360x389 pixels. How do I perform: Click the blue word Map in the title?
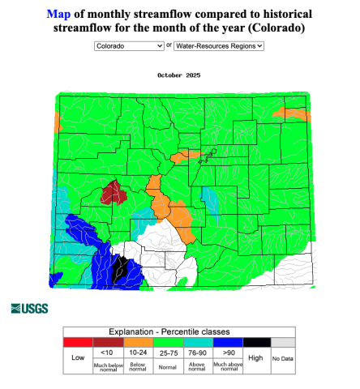(x=58, y=15)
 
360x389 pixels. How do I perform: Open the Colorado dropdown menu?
(x=129, y=46)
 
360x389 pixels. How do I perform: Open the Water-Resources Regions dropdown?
(x=219, y=46)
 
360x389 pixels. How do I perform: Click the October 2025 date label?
(x=179, y=75)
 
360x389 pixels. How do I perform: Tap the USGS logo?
(x=30, y=308)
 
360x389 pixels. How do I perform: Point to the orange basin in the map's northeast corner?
(x=294, y=115)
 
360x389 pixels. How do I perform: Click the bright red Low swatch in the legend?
(x=78, y=343)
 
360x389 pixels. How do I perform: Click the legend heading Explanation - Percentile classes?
(x=179, y=331)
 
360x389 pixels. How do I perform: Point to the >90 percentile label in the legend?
(x=227, y=353)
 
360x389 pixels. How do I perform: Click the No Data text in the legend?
(x=282, y=358)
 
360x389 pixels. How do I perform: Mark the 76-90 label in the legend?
(x=197, y=353)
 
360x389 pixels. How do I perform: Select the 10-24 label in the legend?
(x=137, y=353)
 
